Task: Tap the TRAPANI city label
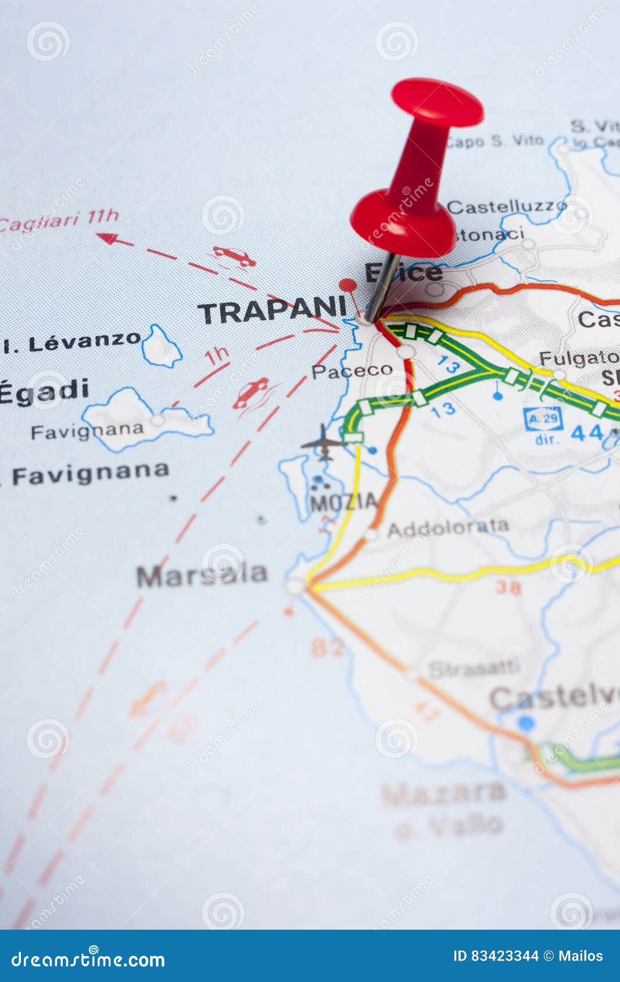pyautogui.click(x=272, y=310)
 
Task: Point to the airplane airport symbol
pyautogui.click(x=323, y=443)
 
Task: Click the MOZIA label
pyautogui.click(x=343, y=501)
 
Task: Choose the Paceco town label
pyautogui.click(x=352, y=371)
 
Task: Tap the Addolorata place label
pyautogui.click(x=448, y=528)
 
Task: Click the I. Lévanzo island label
pyautogui.click(x=72, y=342)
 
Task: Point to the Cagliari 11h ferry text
pyautogui.click(x=58, y=220)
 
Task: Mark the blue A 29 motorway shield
pyautogui.click(x=543, y=418)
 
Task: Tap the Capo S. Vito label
pyautogui.click(x=496, y=141)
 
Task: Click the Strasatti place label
pyautogui.click(x=474, y=668)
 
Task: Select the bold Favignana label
pyautogui.click(x=91, y=474)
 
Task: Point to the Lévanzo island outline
pyautogui.click(x=161, y=347)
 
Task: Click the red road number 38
pyautogui.click(x=508, y=587)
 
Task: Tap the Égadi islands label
pyautogui.click(x=44, y=391)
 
